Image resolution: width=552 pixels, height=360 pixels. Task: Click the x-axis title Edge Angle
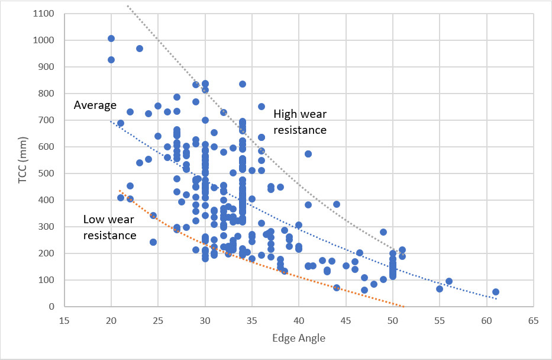click(x=299, y=338)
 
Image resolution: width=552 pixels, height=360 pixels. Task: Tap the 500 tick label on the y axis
click(x=47, y=173)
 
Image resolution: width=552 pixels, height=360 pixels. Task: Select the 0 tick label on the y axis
click(x=53, y=307)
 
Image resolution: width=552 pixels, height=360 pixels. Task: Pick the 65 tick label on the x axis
click(x=534, y=320)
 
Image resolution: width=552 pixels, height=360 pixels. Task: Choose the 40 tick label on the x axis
click(x=299, y=320)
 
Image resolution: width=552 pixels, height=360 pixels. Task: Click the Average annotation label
click(x=95, y=105)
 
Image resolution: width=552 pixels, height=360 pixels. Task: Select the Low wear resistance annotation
click(x=110, y=227)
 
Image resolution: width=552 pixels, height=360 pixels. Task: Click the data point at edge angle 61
click(x=496, y=292)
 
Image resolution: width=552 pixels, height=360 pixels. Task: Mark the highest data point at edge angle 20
click(x=111, y=38)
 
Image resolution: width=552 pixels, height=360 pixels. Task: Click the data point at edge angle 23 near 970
click(x=140, y=49)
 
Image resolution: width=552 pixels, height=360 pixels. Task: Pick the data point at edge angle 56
click(x=449, y=281)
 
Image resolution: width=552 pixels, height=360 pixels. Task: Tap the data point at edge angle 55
click(x=440, y=289)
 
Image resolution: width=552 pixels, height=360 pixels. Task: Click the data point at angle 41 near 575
click(x=308, y=154)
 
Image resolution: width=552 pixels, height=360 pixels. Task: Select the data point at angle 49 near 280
click(x=383, y=232)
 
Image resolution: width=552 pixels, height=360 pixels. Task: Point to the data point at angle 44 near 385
click(x=337, y=204)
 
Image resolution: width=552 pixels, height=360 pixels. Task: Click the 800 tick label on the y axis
click(x=47, y=94)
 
